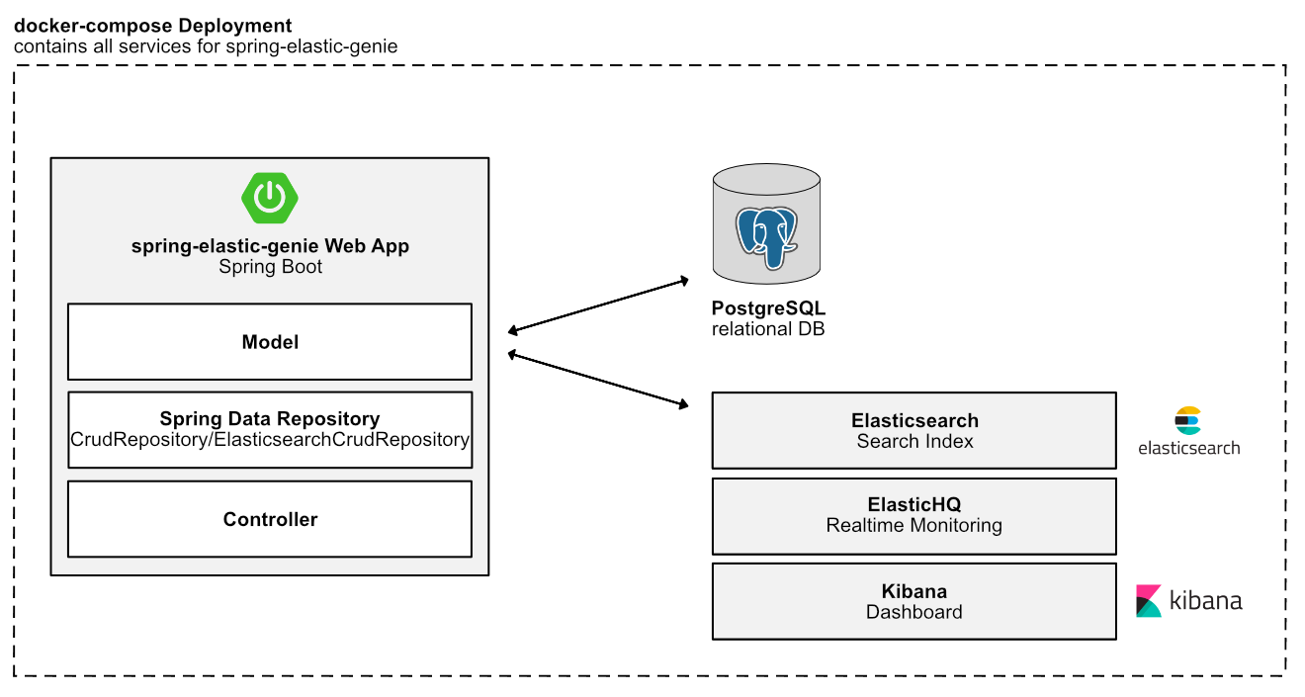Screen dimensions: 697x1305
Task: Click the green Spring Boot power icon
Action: [269, 197]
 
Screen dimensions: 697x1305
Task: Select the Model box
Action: [269, 342]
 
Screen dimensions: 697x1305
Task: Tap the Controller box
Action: [269, 519]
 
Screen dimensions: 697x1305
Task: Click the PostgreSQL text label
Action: [768, 308]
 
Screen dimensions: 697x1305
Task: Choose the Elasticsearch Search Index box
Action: [913, 431]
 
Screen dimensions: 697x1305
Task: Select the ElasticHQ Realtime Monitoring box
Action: [913, 515]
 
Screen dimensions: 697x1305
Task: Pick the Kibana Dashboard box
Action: [913, 601]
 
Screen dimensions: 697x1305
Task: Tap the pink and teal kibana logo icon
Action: [1149, 601]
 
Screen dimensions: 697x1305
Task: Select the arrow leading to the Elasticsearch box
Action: [597, 378]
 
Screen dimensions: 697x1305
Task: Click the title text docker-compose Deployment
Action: [153, 26]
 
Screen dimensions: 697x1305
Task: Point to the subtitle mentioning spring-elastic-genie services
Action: [206, 46]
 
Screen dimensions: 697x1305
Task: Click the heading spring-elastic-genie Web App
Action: [270, 246]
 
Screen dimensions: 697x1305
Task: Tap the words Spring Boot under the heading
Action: [270, 267]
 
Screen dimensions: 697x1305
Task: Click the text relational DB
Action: [767, 328]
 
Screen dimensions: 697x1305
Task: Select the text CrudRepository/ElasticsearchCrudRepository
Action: [270, 439]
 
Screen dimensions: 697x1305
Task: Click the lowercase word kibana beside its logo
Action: [1205, 600]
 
